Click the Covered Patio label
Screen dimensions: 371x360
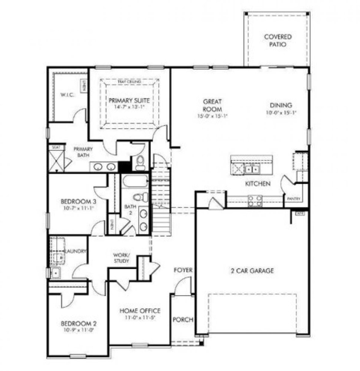(278, 40)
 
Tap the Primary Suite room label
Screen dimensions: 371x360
(129, 100)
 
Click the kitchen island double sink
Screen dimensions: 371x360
(252, 170)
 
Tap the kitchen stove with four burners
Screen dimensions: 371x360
(255, 201)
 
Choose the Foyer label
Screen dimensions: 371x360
(183, 270)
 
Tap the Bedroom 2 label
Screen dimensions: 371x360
(79, 324)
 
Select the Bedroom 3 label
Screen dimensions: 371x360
(78, 202)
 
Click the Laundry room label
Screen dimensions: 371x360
(76, 251)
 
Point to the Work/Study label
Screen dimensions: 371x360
(121, 258)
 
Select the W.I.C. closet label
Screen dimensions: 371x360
(67, 95)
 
